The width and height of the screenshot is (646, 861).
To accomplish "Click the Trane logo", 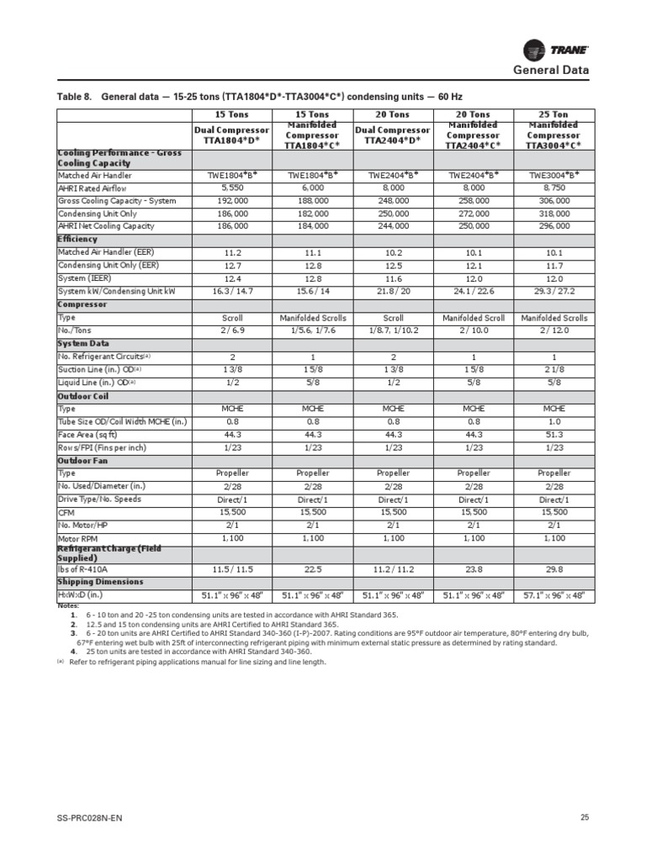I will [555, 49].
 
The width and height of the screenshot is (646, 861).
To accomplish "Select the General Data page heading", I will [551, 71].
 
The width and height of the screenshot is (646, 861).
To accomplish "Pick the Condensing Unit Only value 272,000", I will [473, 214].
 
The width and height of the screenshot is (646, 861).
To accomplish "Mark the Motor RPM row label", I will [78, 537].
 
